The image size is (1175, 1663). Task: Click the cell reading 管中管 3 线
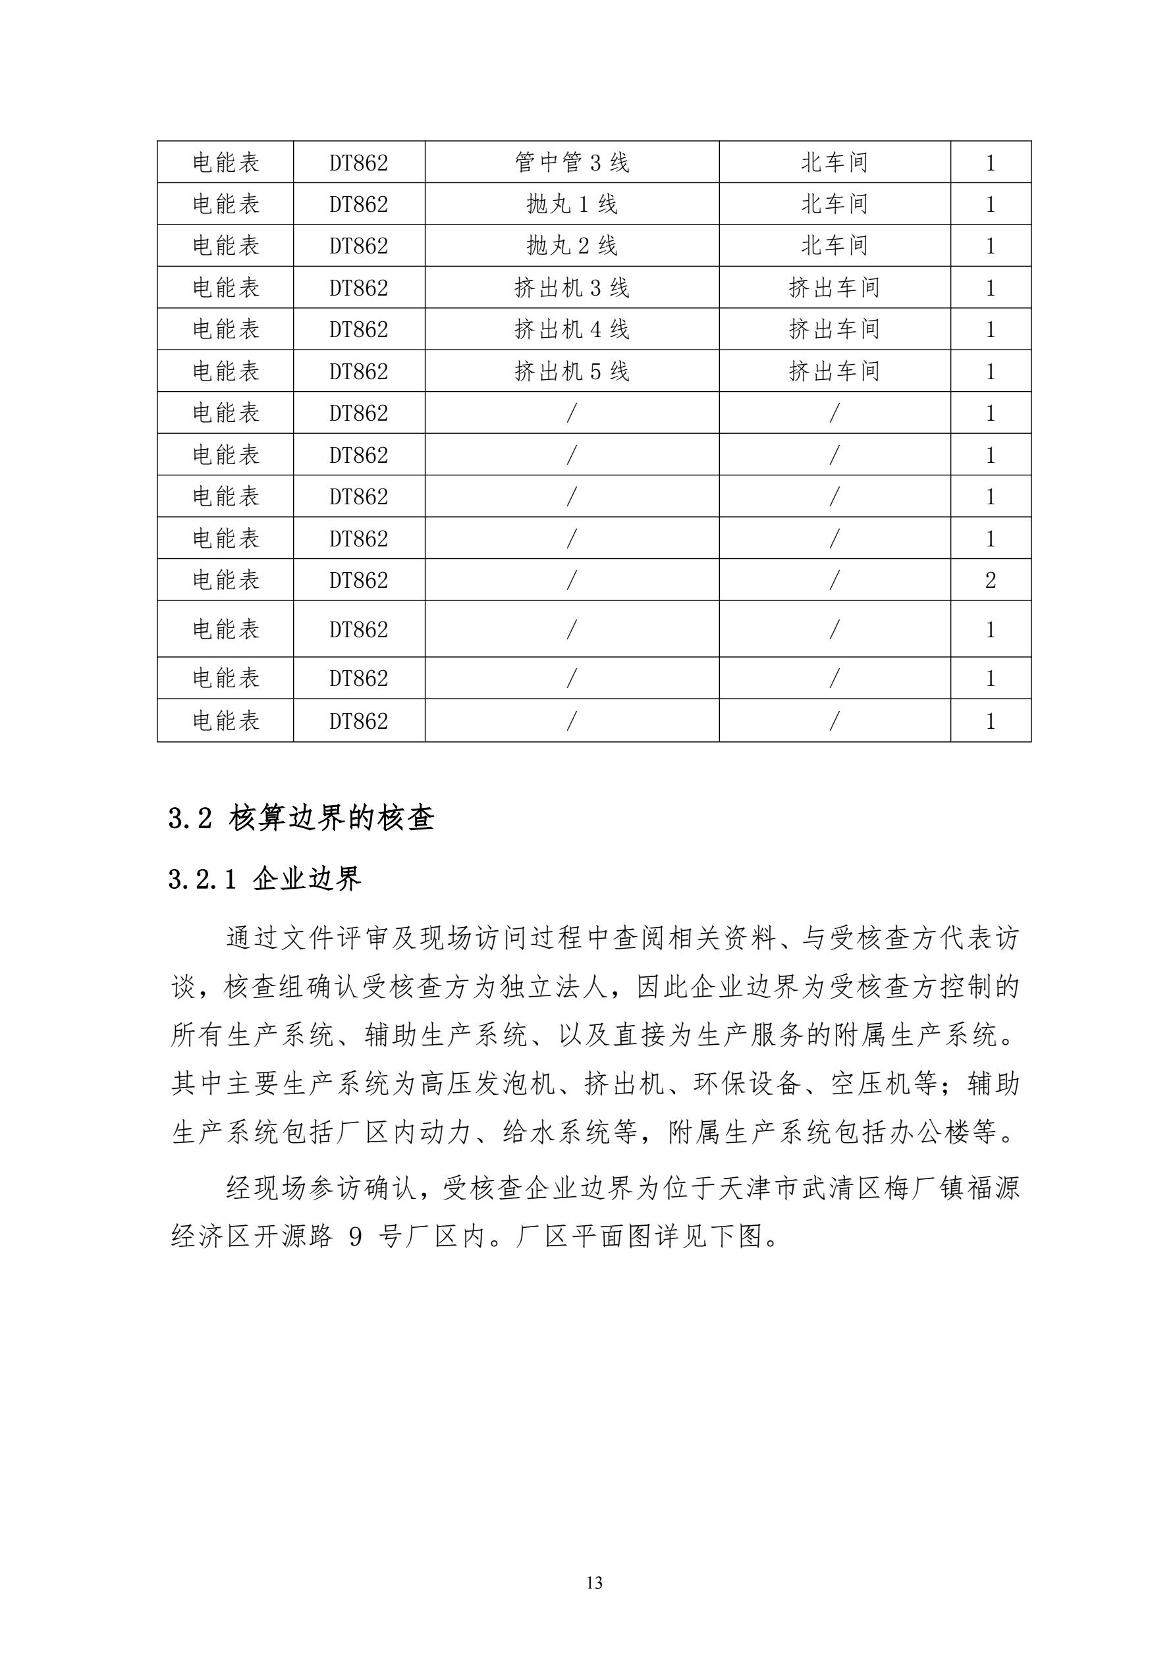click(572, 162)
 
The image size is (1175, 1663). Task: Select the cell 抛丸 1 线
click(572, 204)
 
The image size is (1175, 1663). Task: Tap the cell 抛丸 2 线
click(572, 246)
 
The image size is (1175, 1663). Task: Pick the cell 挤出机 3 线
click(572, 288)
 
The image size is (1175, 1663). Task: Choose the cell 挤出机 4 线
click(572, 330)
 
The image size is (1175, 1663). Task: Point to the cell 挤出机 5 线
click(572, 371)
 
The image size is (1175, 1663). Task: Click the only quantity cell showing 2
click(991, 580)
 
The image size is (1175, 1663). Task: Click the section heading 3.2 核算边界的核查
click(302, 818)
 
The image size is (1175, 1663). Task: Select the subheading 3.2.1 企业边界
click(264, 880)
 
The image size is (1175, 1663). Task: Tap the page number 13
click(594, 1583)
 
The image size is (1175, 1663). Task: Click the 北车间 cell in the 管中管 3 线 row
click(834, 162)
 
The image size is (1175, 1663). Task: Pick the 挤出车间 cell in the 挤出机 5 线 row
click(834, 371)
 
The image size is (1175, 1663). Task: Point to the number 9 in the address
click(355, 1237)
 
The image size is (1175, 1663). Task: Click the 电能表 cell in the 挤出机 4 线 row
click(225, 330)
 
